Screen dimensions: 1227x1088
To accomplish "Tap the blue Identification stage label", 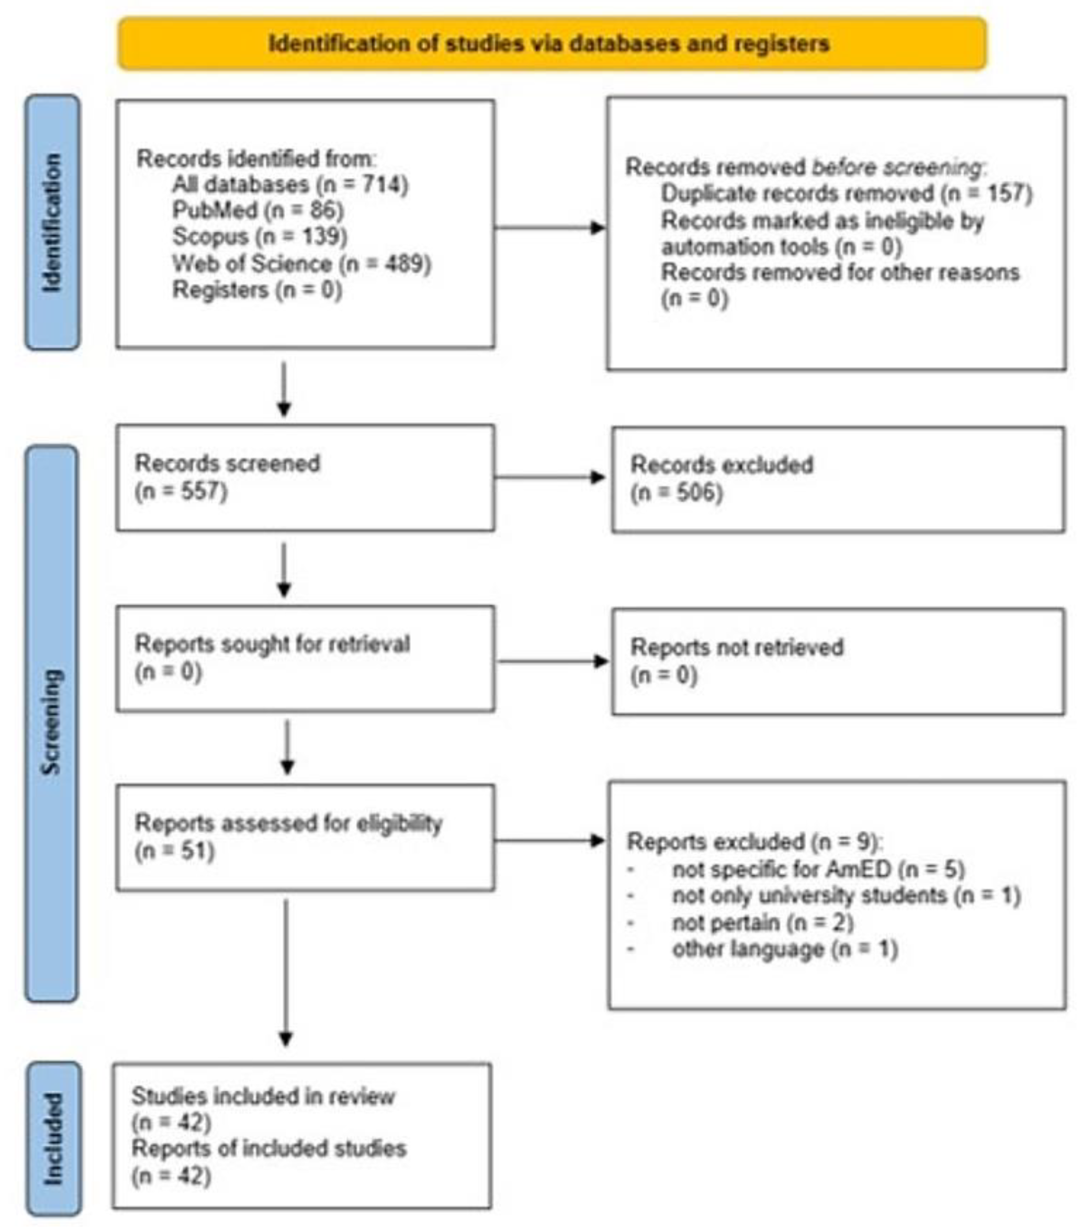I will pos(52,222).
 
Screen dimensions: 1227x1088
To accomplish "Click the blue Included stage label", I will pos(53,1139).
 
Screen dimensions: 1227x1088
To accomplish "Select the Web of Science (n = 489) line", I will pos(301,263).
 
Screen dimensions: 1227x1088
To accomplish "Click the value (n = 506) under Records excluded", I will pos(676,493).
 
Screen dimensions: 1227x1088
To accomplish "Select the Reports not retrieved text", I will pos(737,647).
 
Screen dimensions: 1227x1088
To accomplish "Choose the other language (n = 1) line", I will pos(784,949).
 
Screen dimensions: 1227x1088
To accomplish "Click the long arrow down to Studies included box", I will pos(286,973).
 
